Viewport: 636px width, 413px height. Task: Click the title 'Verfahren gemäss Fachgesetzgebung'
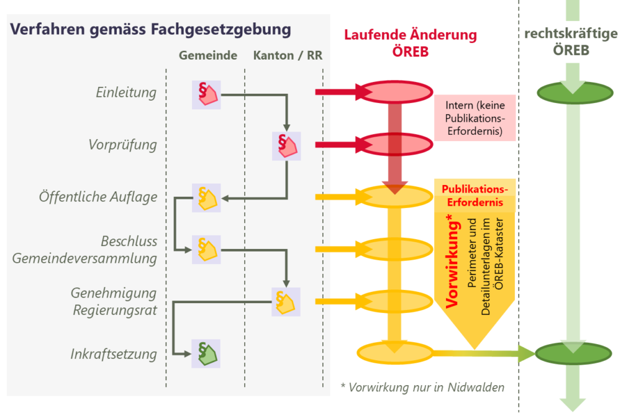pyautogui.click(x=151, y=30)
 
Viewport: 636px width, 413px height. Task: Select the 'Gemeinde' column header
pyautogui.click(x=208, y=55)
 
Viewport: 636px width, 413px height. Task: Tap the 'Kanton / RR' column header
pyautogui.click(x=288, y=55)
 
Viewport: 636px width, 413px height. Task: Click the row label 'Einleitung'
pyautogui.click(x=126, y=93)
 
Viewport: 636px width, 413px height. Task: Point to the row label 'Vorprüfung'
pyautogui.click(x=122, y=145)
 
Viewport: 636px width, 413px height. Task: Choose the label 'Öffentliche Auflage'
pyautogui.click(x=98, y=197)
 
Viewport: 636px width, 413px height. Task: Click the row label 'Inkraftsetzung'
pyautogui.click(x=114, y=354)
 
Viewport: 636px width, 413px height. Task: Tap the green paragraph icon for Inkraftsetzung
pyautogui.click(x=206, y=354)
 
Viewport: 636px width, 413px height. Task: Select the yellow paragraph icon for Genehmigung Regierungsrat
pyautogui.click(x=286, y=302)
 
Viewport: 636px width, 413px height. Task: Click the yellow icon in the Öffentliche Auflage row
pyautogui.click(x=206, y=198)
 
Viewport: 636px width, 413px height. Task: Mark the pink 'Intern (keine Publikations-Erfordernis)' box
pyautogui.click(x=475, y=118)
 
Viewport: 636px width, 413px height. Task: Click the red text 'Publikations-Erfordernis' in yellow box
pyautogui.click(x=475, y=195)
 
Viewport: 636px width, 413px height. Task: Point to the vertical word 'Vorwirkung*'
pyautogui.click(x=452, y=261)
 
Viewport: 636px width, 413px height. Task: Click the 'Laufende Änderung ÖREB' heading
pyautogui.click(x=411, y=43)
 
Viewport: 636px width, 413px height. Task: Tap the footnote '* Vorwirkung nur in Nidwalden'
pyautogui.click(x=422, y=388)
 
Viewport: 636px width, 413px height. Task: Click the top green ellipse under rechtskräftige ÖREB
pyautogui.click(x=571, y=93)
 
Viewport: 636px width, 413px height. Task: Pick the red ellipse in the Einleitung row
pyautogui.click(x=396, y=93)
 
